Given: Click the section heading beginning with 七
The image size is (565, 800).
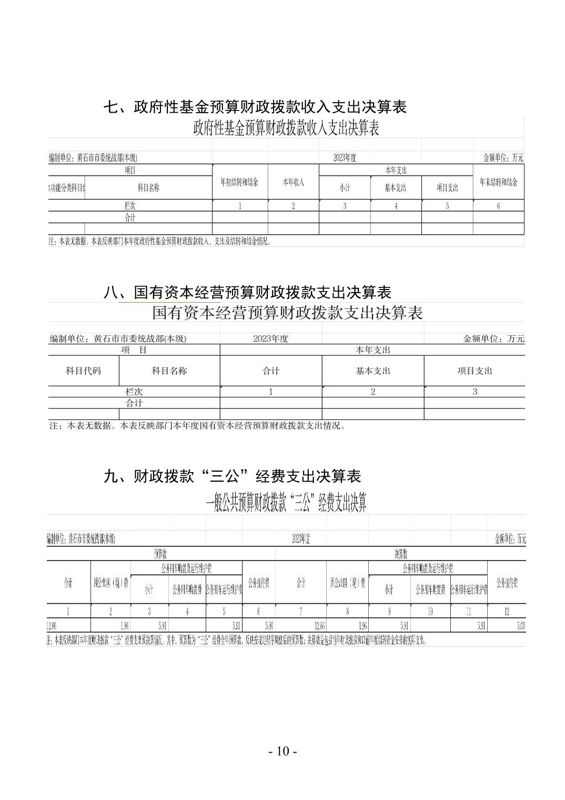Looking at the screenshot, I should (x=255, y=107).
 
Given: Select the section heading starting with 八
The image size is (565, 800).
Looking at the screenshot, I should (x=247, y=292).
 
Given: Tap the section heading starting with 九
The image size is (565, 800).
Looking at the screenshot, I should (x=233, y=476).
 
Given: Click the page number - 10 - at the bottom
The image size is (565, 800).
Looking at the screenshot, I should (x=282, y=751).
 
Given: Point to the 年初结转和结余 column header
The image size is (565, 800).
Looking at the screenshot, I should (x=239, y=182).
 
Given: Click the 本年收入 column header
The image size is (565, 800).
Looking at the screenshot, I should (x=293, y=182).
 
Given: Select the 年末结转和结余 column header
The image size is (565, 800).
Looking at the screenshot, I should (x=498, y=182).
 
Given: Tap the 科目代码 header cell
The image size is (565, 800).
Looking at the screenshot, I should (x=83, y=371).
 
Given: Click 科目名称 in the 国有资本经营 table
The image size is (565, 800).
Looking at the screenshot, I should (x=169, y=371).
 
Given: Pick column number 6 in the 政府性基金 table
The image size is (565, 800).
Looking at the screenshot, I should (x=498, y=206).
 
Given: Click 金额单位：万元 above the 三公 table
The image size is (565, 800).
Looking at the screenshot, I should (x=510, y=538).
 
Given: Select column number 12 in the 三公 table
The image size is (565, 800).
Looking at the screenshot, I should (x=507, y=611).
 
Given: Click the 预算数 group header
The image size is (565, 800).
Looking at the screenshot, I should (x=160, y=554).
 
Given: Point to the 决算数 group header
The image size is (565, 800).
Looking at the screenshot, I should (x=400, y=554).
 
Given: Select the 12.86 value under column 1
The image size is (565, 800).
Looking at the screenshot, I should (x=52, y=626).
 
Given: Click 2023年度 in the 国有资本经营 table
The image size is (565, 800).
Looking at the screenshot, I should (x=270, y=338).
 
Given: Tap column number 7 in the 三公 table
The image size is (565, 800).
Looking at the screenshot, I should (x=300, y=611).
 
